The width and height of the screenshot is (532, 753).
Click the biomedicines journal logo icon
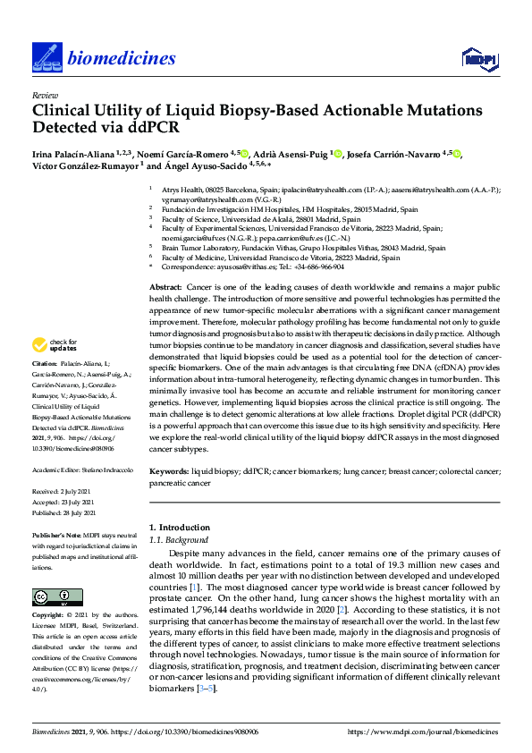[45, 59]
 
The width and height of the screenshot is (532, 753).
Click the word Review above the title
[43, 94]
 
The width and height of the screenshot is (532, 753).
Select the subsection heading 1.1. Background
[178, 540]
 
